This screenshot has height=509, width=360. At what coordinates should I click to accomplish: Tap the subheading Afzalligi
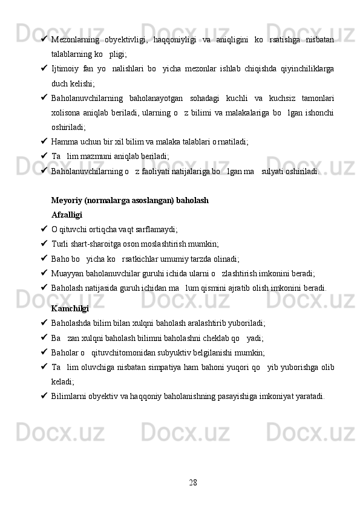pyautogui.click(x=67, y=214)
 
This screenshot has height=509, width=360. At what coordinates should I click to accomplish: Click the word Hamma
pyautogui.click(x=64, y=141)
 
